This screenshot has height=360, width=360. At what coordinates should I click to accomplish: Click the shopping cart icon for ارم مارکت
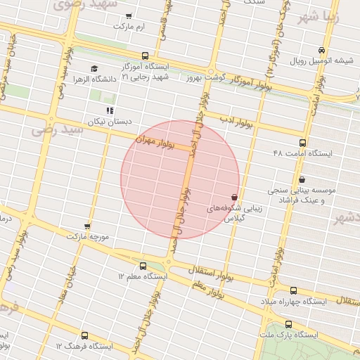coord(128,15)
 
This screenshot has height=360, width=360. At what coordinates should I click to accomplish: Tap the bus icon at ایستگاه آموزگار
coord(145,56)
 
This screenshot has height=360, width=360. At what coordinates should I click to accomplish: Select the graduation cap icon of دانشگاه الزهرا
coord(94,68)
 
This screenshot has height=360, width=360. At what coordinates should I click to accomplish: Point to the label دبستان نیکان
coord(110,122)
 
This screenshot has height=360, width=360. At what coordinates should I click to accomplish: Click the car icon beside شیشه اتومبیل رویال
coord(321,50)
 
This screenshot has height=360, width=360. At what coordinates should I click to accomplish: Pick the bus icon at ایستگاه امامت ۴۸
coord(274,153)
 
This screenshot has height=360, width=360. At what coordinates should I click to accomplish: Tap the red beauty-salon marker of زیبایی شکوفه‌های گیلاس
coord(234,198)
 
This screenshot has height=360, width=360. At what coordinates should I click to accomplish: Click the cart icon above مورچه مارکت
coord(87,226)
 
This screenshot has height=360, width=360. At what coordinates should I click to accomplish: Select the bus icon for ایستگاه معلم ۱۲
coord(143,266)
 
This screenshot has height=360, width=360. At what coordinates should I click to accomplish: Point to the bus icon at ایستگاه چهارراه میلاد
coord(293,290)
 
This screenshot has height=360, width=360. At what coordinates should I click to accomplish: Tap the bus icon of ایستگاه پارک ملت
coord(288,324)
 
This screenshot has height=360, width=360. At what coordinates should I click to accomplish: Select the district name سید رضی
coord(52,129)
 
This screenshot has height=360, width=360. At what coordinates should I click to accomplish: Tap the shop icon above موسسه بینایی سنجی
coord(302,179)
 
